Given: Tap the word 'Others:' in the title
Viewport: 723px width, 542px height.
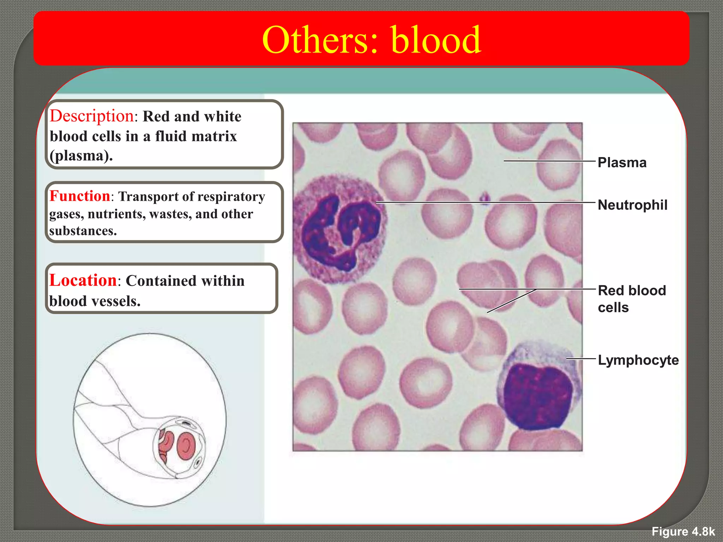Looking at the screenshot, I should click(320, 40).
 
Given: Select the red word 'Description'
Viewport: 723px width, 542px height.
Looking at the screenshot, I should click(92, 116).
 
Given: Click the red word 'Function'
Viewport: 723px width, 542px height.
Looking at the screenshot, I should click(80, 196).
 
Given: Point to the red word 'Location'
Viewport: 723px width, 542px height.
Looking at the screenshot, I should click(83, 281).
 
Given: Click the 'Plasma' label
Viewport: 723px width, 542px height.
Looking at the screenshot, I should click(622, 163).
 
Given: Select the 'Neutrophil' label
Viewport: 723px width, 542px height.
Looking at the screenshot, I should click(632, 205).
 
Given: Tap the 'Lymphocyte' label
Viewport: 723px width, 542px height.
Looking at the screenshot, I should click(638, 360).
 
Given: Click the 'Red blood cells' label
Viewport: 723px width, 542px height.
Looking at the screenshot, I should click(631, 299).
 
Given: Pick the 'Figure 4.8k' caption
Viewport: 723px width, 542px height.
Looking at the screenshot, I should click(683, 531).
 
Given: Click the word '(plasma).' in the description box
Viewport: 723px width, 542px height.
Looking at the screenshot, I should click(81, 156).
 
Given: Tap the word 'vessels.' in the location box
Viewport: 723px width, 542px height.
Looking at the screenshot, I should click(116, 301).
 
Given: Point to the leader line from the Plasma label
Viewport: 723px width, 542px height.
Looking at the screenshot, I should click(549, 161).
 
